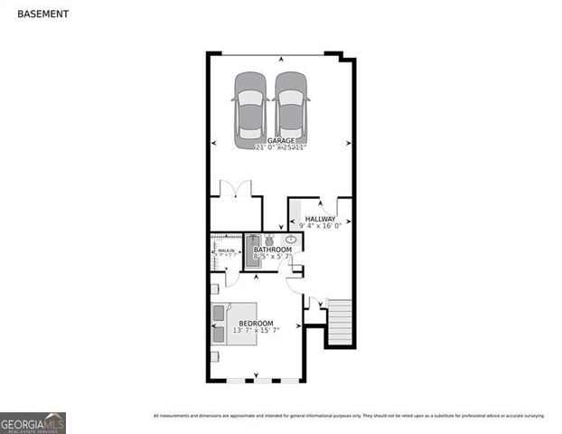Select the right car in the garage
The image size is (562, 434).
pos(291,109)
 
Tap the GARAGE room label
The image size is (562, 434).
pos(280,141)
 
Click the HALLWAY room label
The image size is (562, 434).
pos(320,219)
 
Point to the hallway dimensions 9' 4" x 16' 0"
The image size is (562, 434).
pos(320,226)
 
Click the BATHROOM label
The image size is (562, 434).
pos(272,250)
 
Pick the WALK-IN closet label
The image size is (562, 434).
pos(226,250)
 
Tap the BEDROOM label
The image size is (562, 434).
pos(256,324)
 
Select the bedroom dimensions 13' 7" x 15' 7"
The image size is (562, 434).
pos(256,331)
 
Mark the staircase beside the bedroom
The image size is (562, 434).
pos(339,324)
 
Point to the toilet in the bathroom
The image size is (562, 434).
pos(268,241)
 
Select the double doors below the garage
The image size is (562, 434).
pos(236,190)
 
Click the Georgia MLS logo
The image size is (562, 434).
pos(33,423)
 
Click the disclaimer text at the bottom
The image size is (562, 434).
pos(349,416)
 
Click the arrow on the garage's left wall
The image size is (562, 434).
pos(214,143)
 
